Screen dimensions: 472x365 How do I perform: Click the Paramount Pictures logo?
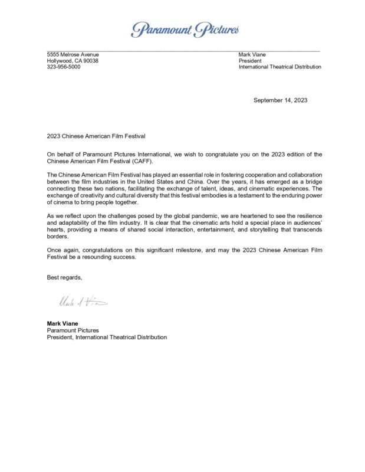coord(185,29)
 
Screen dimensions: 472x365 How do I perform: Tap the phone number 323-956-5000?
coord(64,67)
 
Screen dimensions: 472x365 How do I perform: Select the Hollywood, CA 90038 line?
coord(73,61)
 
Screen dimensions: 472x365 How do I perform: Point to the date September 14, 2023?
coord(280,100)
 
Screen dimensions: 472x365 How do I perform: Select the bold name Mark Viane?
coord(63,323)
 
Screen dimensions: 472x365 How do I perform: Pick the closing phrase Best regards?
coord(65,277)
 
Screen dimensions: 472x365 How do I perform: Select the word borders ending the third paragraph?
coord(58,236)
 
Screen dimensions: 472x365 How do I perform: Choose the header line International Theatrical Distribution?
coord(279,67)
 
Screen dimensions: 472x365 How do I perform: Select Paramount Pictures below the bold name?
coord(73,330)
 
